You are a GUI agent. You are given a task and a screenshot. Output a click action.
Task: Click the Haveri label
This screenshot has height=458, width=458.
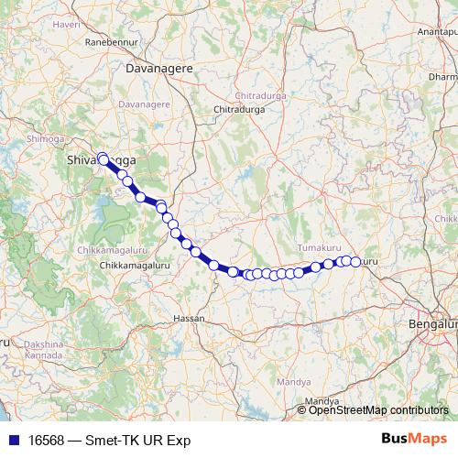coord(68,26)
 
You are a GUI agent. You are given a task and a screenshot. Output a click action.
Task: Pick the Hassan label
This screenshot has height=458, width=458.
coord(189,319)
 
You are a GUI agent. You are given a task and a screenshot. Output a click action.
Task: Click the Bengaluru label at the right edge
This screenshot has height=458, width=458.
coord(435,325)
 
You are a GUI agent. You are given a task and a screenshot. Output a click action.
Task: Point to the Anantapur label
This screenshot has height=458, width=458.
coord(438,31)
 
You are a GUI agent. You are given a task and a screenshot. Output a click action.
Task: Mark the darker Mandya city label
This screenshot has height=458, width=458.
coord(322,401)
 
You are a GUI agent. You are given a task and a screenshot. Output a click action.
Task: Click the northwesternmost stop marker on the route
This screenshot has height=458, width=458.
coord(103,158)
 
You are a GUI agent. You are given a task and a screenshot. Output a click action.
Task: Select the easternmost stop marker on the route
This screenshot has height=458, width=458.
coord(355,262)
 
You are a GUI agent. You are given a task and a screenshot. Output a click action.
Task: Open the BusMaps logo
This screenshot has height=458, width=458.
coord(414,439)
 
